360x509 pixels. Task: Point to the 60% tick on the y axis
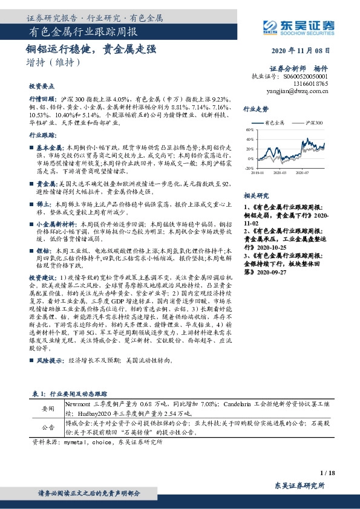point(249,130)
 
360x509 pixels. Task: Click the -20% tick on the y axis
point(249,167)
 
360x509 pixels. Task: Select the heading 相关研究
point(255,196)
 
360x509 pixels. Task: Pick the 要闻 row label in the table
point(47,409)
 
